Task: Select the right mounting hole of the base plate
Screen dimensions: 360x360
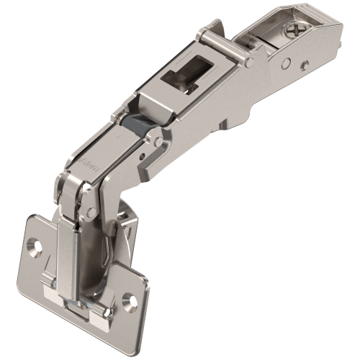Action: (129, 297)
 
